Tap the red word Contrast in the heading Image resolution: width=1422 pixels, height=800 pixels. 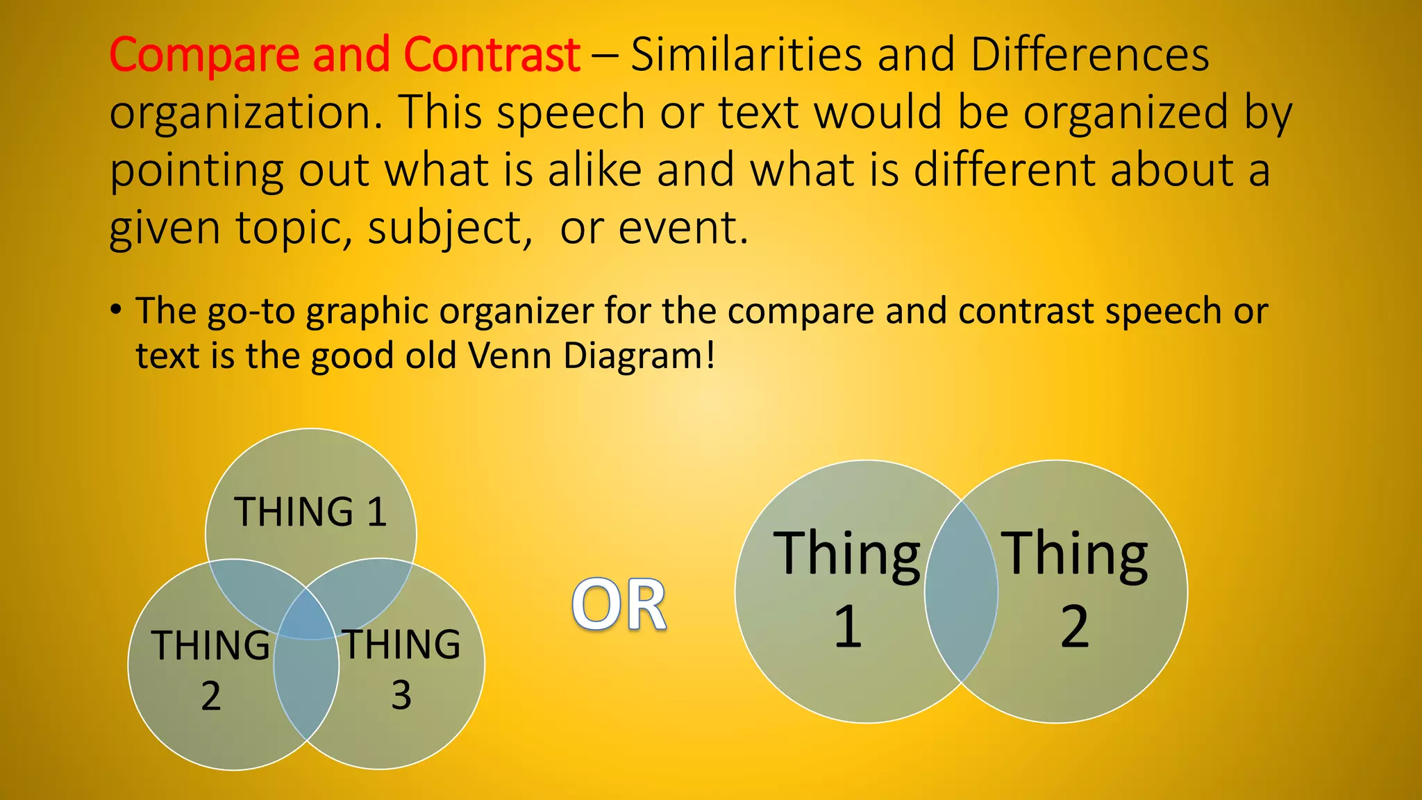[x=492, y=56]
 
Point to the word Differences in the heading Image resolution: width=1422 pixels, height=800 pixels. [x=1089, y=56]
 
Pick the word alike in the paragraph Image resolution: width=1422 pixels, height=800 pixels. [x=594, y=171]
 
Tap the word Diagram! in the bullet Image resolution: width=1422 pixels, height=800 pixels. [x=639, y=356]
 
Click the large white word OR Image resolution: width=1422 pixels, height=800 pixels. [x=619, y=606]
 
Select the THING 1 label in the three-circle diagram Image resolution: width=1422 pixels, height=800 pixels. [x=310, y=512]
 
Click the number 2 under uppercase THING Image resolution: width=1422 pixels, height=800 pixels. [x=211, y=695]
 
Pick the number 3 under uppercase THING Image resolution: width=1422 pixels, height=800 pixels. [x=401, y=695]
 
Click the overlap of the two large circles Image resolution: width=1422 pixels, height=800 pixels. [x=961, y=592]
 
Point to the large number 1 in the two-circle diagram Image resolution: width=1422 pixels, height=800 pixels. [x=848, y=626]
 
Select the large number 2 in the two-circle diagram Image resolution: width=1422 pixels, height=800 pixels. [x=1075, y=626]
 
